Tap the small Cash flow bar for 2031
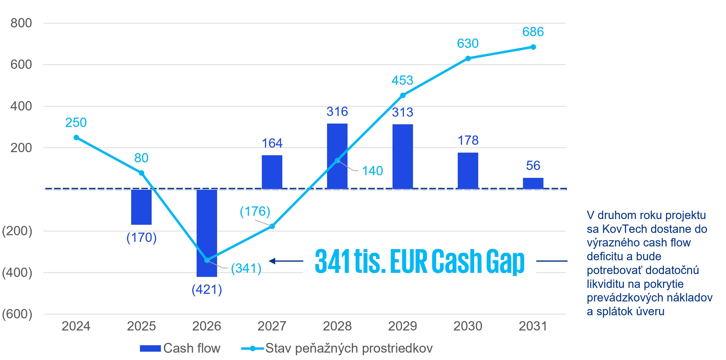tap(533, 183)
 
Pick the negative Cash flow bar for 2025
tap(141, 207)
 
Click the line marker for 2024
tap(76, 138)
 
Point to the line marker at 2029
tap(403, 95)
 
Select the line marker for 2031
tap(533, 47)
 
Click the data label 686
tap(533, 32)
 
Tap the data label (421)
tap(207, 290)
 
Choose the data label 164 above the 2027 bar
tap(272, 143)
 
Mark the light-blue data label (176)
tap(255, 211)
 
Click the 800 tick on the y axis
tap(21, 23)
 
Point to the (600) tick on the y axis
tap(17, 314)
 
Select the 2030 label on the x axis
tap(467, 326)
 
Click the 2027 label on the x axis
tap(272, 326)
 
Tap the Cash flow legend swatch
tap(150, 348)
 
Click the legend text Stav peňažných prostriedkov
tap(349, 348)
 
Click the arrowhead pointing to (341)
tap(272, 261)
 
